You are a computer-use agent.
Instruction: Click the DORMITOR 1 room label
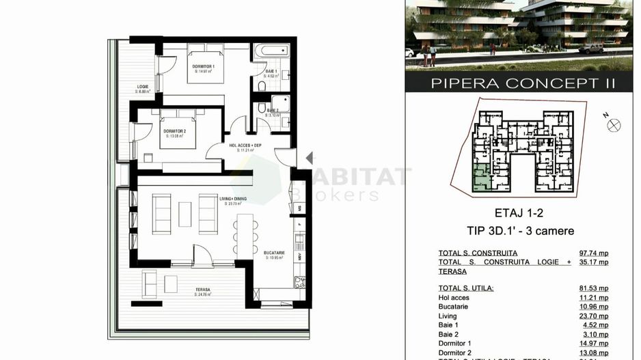pyautogui.click(x=203, y=66)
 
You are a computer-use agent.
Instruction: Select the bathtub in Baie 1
pyautogui.click(x=271, y=52)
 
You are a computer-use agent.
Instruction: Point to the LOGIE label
pyautogui.click(x=143, y=87)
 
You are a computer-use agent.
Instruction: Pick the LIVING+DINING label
pyautogui.click(x=233, y=199)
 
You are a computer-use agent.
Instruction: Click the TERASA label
pyautogui.click(x=202, y=289)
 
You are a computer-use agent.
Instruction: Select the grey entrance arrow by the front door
pyautogui.click(x=309, y=158)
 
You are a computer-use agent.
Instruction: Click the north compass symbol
pyautogui.click(x=613, y=124)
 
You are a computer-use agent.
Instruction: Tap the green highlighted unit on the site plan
pyautogui.click(x=481, y=178)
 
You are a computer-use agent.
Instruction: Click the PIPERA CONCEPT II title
pyautogui.click(x=523, y=84)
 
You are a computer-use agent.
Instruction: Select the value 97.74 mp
pyautogui.click(x=593, y=253)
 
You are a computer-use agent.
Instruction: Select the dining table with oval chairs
pyautogui.click(x=243, y=236)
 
